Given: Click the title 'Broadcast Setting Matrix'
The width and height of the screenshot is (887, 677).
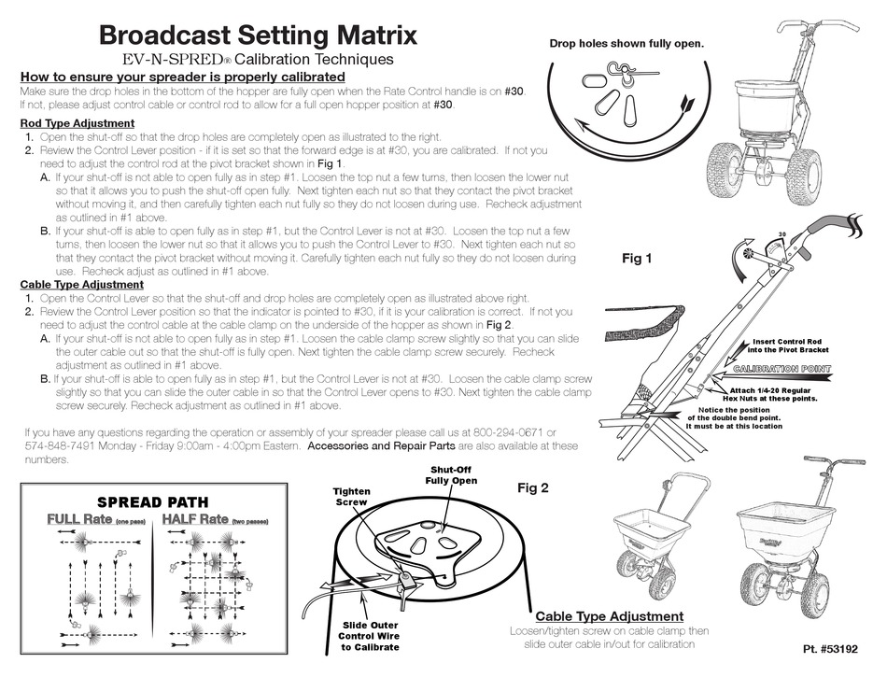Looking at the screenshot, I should click(x=258, y=36).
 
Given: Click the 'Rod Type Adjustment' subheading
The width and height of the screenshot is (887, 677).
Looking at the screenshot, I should click(x=77, y=123).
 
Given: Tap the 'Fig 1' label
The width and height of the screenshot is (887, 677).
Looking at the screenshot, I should click(x=637, y=259).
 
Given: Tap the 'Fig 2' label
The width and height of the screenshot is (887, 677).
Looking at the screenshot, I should click(x=533, y=487).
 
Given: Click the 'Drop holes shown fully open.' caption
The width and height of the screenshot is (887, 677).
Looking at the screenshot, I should click(x=626, y=43).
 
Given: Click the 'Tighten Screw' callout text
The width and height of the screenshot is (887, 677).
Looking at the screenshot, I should click(x=352, y=497).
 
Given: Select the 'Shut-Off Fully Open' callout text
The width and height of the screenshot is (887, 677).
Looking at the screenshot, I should click(x=452, y=474).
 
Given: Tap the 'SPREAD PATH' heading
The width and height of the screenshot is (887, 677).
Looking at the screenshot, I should click(x=153, y=501).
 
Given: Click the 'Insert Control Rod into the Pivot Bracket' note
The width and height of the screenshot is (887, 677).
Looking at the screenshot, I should click(x=790, y=346).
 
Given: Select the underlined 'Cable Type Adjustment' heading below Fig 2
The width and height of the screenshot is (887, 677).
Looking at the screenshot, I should click(x=609, y=616).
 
